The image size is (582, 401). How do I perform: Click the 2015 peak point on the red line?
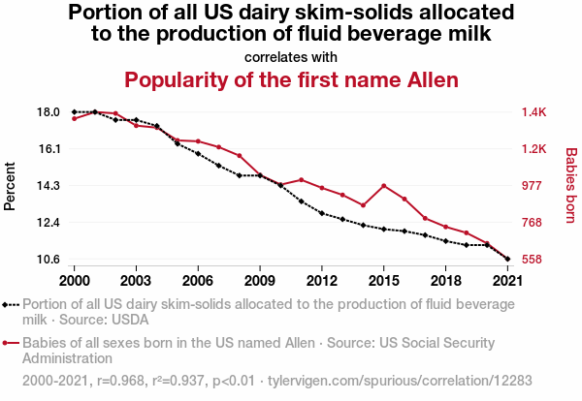click(384, 185)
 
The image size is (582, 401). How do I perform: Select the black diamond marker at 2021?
click(507, 259)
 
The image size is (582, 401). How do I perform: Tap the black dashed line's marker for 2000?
click(75, 112)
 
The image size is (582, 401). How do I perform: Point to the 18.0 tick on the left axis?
click(48, 112)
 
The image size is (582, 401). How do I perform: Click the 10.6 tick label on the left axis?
click(48, 259)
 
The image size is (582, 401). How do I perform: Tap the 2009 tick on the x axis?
click(260, 280)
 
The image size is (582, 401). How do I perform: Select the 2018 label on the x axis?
click(445, 280)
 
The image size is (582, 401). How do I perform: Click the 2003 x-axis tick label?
click(136, 280)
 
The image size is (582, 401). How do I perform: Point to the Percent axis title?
click(11, 186)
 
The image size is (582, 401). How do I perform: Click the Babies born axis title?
click(571, 186)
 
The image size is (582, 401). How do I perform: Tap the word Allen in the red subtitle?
click(428, 79)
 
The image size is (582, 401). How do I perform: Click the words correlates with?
click(291, 56)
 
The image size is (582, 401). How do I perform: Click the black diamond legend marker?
click(9, 304)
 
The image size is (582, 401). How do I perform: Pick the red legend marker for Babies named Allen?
click(9, 343)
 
